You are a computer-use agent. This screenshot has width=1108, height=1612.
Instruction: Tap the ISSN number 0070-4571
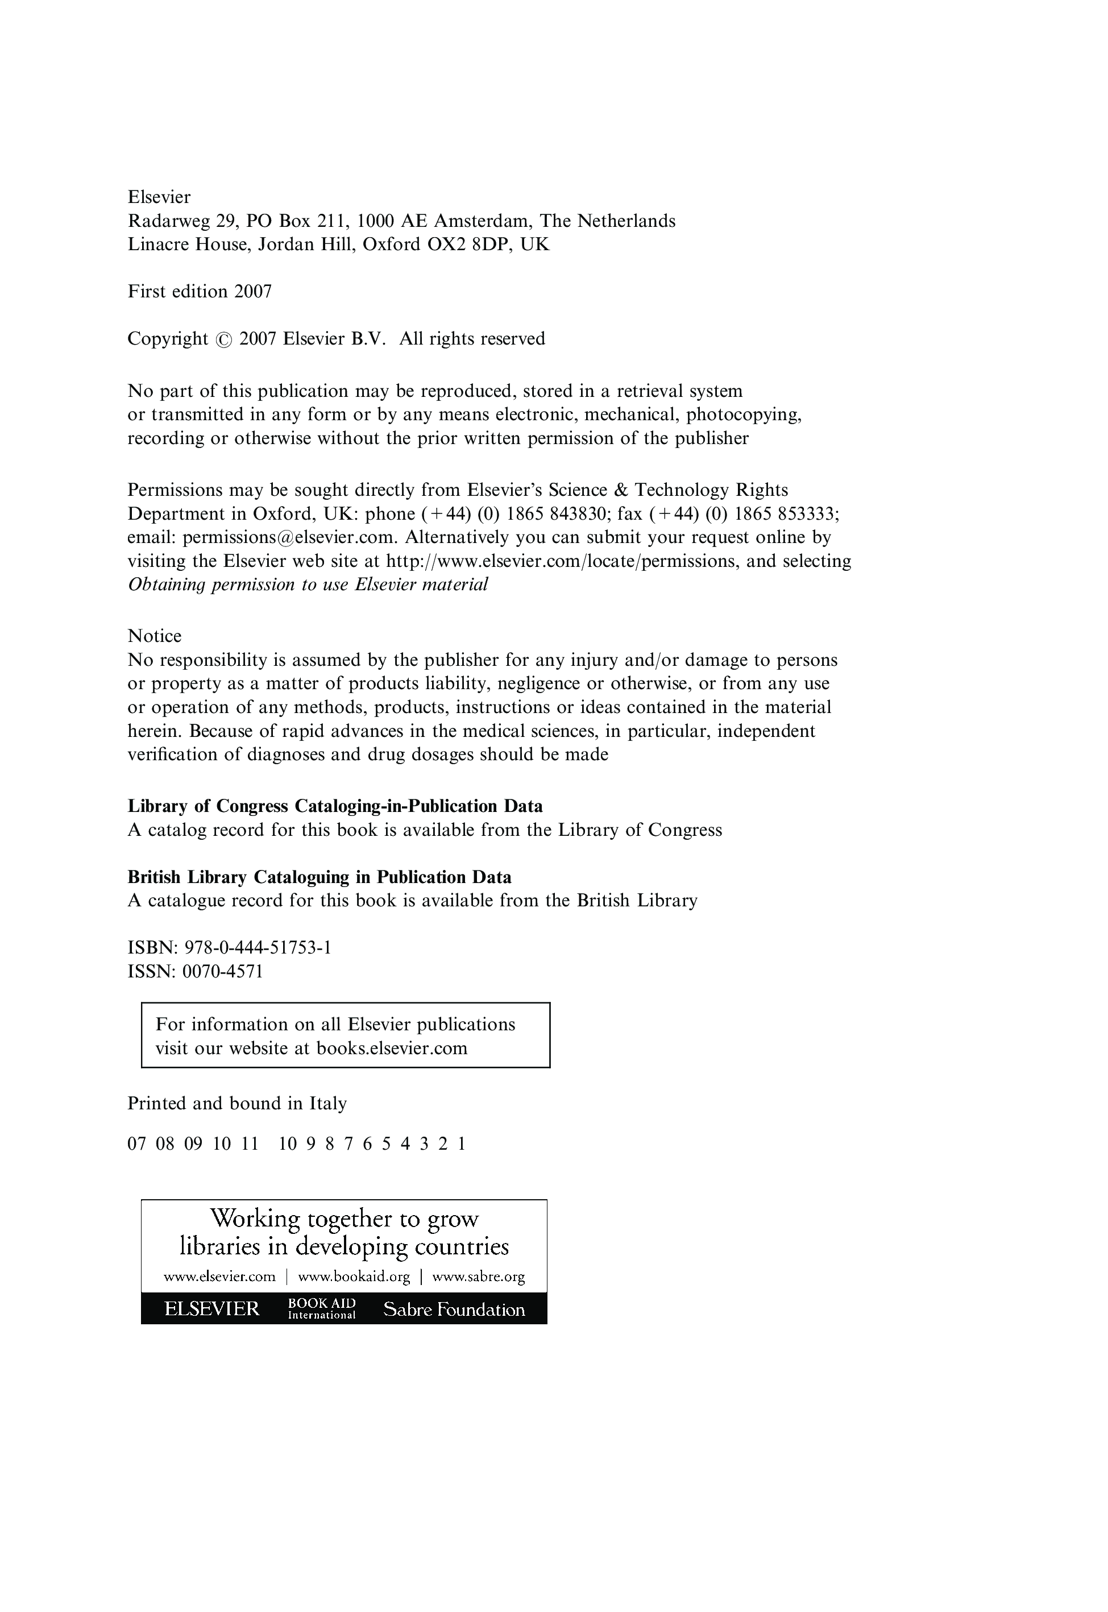pos(223,971)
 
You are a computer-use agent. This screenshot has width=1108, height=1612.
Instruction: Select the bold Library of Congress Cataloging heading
pos(335,806)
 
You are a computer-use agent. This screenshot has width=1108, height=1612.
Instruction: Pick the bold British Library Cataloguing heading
pos(319,877)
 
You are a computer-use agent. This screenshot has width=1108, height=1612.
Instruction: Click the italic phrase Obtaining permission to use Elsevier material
pos(308,585)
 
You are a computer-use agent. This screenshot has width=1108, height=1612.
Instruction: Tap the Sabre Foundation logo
pos(454,1310)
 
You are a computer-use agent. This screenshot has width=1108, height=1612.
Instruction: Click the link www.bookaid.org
pos(354,1276)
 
